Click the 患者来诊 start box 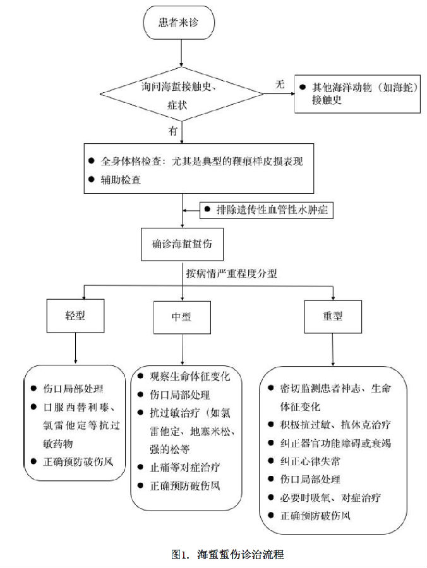[179, 23]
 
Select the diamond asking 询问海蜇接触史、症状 [182, 94]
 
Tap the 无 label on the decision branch [280, 85]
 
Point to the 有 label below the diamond [173, 131]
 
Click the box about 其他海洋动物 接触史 [358, 94]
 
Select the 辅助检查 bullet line [115, 180]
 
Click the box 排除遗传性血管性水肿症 [267, 210]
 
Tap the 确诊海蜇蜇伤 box [182, 244]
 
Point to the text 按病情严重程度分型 [232, 273]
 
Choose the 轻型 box [75, 316]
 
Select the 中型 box [182, 317]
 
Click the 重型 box [333, 317]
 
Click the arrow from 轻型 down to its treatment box [75, 348]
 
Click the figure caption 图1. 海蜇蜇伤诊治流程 [227, 554]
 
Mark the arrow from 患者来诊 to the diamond [182, 53]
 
